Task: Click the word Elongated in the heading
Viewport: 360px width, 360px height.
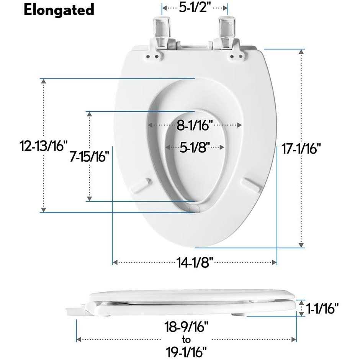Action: coord(59,10)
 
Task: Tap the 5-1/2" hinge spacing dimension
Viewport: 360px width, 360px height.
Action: coord(195,7)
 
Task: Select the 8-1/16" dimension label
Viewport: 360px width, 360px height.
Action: coord(195,125)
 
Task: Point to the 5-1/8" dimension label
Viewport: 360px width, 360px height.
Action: coord(195,147)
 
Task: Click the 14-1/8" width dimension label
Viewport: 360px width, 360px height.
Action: coord(195,262)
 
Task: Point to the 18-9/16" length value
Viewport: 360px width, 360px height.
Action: coord(186,327)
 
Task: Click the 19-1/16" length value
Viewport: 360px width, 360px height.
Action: coord(186,351)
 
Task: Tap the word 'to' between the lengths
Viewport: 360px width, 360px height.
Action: coord(186,339)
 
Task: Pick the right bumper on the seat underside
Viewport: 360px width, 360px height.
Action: coord(250,183)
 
